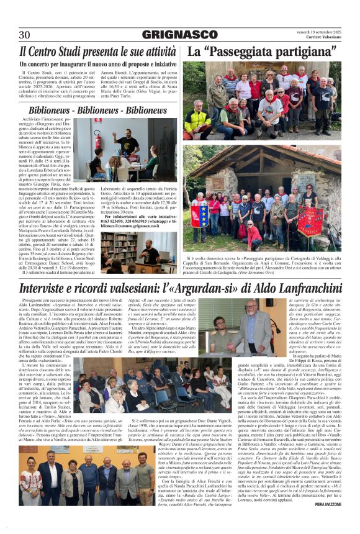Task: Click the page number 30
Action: tap(25, 35)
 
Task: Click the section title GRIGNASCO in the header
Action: tap(180, 35)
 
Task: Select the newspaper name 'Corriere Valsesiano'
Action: tap(320, 37)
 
